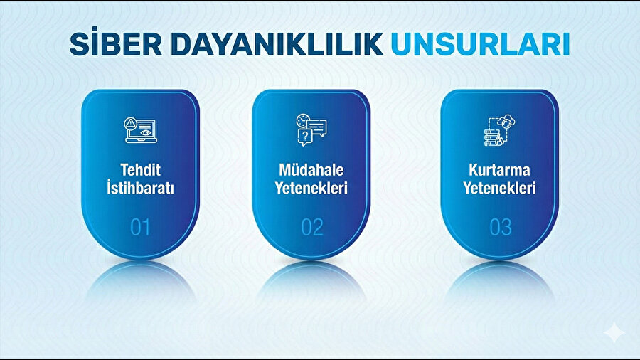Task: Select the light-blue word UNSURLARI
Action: (x=480, y=44)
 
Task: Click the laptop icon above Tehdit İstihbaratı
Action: (x=140, y=131)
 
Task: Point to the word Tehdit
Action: (x=140, y=171)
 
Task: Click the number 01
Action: (x=140, y=227)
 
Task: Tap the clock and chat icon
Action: (x=311, y=130)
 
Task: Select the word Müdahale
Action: (x=311, y=171)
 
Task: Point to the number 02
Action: (x=311, y=227)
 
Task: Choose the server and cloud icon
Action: (x=499, y=131)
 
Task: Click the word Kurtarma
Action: (x=499, y=171)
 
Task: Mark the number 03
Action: (x=500, y=227)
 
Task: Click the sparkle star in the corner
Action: (x=612, y=332)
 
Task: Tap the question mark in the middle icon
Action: (x=305, y=136)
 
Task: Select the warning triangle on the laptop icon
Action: (x=130, y=124)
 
